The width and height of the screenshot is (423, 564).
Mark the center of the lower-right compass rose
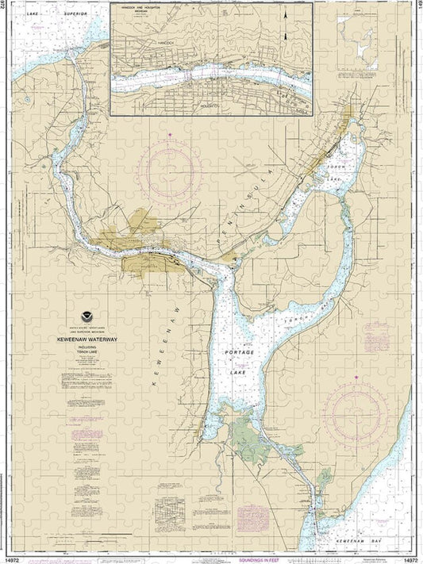tap(360, 411)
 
